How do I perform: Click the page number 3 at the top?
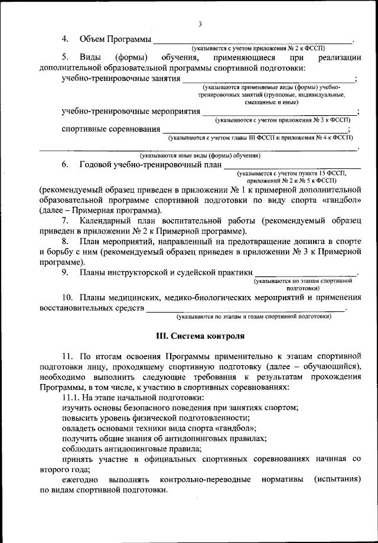point(200,24)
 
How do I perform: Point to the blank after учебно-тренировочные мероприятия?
point(279,113)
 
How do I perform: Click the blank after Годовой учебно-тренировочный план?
point(292,167)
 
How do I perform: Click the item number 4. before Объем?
point(65,38)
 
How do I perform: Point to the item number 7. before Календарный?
point(65,220)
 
